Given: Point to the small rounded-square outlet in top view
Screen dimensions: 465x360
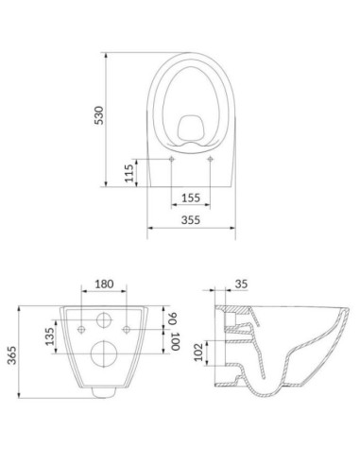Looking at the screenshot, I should point(191,126).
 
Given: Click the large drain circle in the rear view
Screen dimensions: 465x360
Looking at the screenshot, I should point(104,354).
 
